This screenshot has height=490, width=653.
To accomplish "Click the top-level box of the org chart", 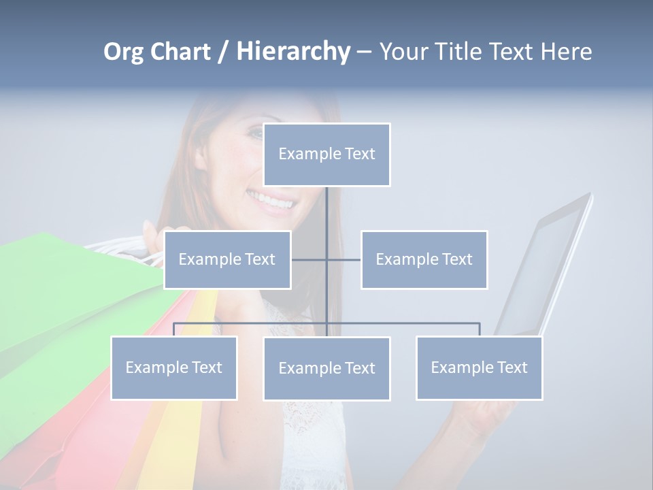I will (x=326, y=154).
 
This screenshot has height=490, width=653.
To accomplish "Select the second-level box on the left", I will (x=227, y=259).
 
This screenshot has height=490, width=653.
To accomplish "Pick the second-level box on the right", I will (x=424, y=259).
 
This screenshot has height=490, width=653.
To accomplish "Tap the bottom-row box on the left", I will (x=173, y=367).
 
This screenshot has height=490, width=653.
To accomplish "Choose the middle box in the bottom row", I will (x=326, y=368).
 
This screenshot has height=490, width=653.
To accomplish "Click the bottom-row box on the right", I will (x=479, y=367).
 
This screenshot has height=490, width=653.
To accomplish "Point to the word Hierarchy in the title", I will (x=293, y=52).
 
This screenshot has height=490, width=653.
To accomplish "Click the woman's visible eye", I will (x=254, y=134).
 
